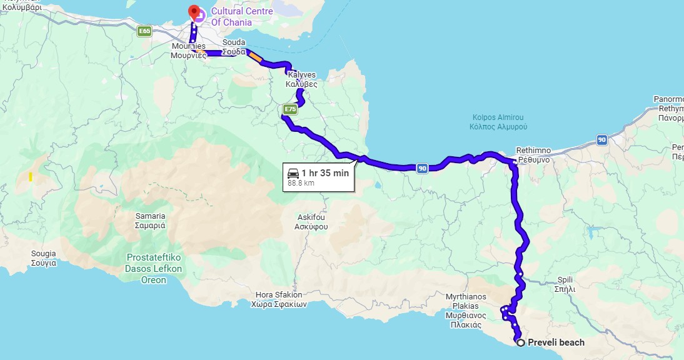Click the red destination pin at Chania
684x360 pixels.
[x=194, y=12]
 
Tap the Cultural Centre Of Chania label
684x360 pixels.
[x=231, y=17]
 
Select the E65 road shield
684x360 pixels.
[x=145, y=31]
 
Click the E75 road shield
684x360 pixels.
[x=289, y=110]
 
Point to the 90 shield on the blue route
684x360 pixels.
[x=422, y=167]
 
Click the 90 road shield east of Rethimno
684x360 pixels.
[x=601, y=140]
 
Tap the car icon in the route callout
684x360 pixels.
[x=293, y=173]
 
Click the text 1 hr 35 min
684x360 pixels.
[x=324, y=173]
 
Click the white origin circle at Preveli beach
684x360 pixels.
[x=520, y=342]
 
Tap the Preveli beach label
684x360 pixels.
[x=556, y=342]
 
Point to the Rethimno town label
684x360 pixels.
[x=533, y=155]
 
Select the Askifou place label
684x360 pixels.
[x=311, y=222]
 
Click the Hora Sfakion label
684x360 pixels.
[x=279, y=299]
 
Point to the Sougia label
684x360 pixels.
[x=44, y=258]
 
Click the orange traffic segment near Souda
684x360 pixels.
[x=255, y=56]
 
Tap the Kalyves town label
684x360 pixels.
[x=301, y=79]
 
